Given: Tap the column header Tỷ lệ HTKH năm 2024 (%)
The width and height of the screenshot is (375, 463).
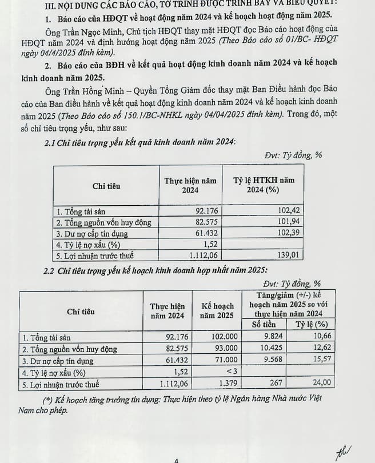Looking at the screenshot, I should [x=264, y=185].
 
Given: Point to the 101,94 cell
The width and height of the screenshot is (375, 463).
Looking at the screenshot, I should [x=288, y=222].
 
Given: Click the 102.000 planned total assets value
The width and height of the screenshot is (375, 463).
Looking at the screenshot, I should [x=218, y=337].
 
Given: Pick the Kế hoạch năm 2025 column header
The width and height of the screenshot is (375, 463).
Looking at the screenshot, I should [x=217, y=310].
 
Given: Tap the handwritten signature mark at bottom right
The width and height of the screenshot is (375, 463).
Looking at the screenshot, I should [x=344, y=452].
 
